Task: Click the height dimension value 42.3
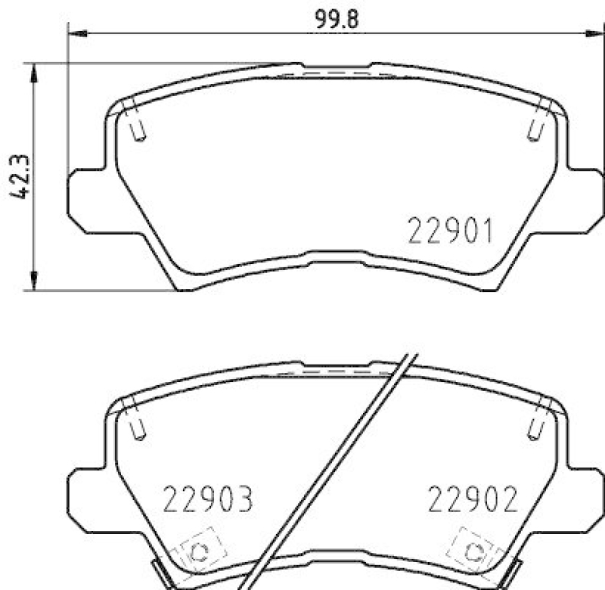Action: tap(21, 177)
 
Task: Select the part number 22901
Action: tap(451, 231)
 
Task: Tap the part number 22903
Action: tap(207, 500)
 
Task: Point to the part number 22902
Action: tap(473, 500)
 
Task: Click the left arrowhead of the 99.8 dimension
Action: tap(76, 32)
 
